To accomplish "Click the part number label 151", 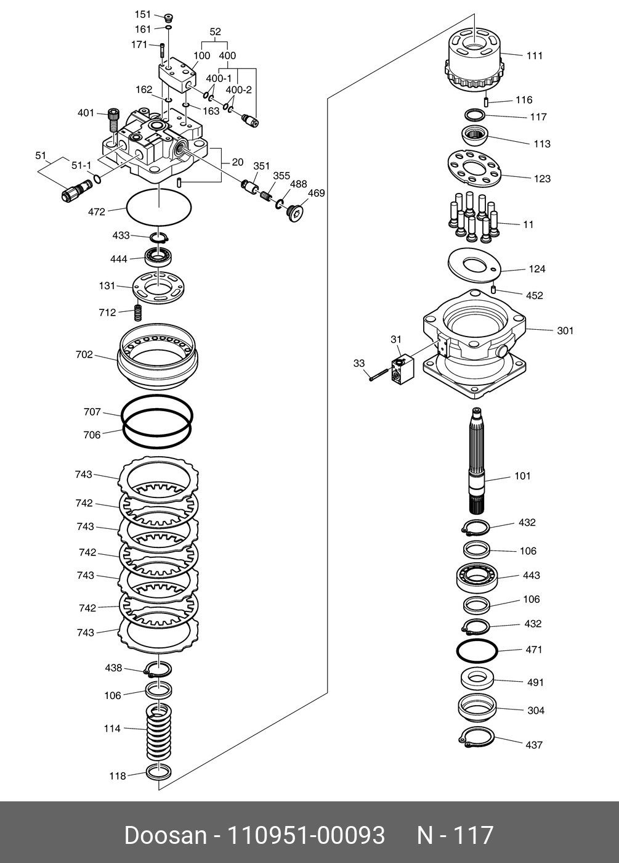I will tap(142, 14).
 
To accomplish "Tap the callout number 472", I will tap(97, 211).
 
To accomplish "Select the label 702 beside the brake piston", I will tap(84, 354).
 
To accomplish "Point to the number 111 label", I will tap(534, 55).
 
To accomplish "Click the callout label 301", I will tap(565, 330).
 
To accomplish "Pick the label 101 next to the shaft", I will tap(522, 476).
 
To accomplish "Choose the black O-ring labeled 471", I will tap(476, 651).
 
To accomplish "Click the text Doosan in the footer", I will tap(165, 836).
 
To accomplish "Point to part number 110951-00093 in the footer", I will tap(307, 836).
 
